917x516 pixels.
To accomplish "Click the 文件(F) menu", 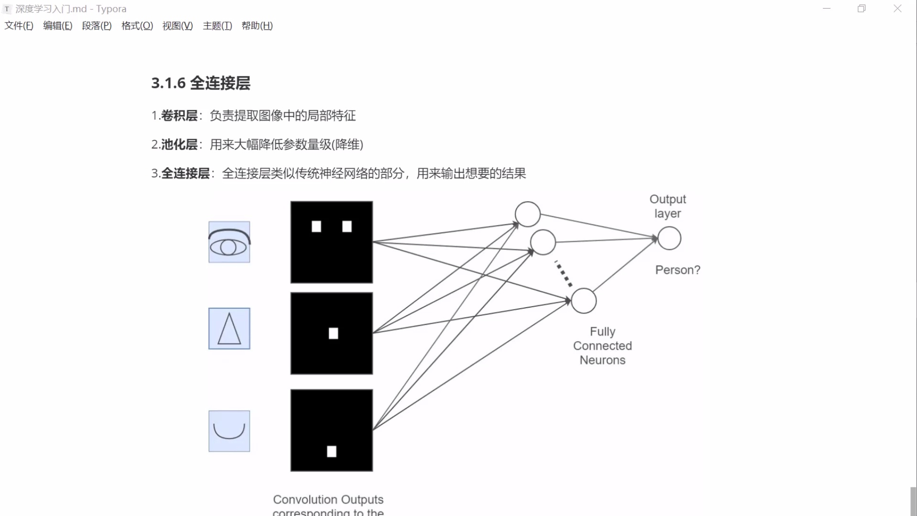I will point(19,26).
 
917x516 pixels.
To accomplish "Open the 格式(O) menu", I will point(137,26).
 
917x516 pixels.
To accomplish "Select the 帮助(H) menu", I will point(257,26).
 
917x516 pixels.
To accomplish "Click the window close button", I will point(897,9).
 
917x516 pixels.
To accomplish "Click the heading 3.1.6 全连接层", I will point(201,83).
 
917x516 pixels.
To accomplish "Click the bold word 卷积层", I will point(179,116).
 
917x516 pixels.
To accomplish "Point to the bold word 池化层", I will point(179,145).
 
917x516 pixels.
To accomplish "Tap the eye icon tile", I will point(229,242).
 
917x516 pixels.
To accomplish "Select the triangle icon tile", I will point(229,329).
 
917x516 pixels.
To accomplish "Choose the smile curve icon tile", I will point(229,431).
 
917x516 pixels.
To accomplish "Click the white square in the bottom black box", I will point(331,451).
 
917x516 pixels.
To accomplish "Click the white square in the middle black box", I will point(333,333).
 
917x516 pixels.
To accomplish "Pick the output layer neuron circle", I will point(669,238).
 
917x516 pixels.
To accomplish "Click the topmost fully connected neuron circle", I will point(527,214).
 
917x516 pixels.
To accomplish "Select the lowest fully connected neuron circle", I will point(584,301).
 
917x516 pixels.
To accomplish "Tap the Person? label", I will point(678,270).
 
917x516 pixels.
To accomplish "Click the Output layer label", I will point(668,206).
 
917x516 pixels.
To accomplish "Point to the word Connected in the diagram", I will point(602,346).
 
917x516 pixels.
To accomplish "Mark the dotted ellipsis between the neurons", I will point(564,274).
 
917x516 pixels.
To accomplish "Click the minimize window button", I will point(827,9).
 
